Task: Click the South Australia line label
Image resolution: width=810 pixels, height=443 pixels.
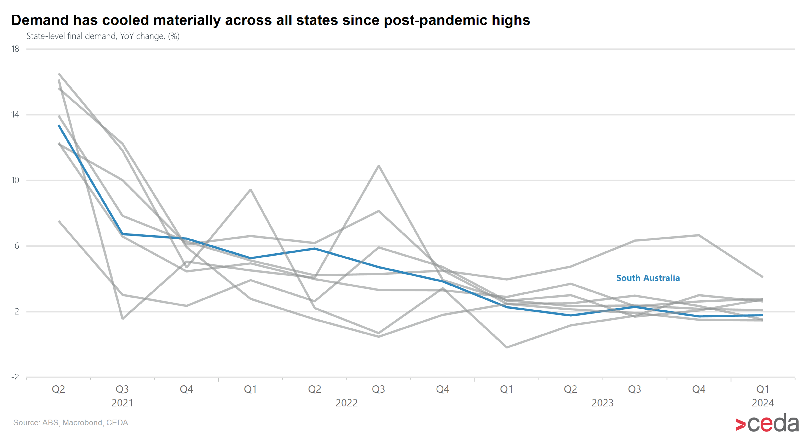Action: pyautogui.click(x=648, y=278)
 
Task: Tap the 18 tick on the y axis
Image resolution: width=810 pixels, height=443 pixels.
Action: pyautogui.click(x=15, y=49)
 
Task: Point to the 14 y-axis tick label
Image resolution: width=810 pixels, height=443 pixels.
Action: pyautogui.click(x=15, y=115)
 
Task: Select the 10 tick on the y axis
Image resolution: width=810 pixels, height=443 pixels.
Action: pyautogui.click(x=15, y=180)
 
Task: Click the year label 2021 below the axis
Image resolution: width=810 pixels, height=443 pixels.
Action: pyautogui.click(x=122, y=403)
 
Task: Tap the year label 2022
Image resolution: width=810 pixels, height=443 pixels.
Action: pyautogui.click(x=346, y=403)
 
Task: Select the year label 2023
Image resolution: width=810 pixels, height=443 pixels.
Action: pyautogui.click(x=602, y=403)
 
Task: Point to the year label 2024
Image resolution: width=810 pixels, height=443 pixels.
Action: pyautogui.click(x=762, y=403)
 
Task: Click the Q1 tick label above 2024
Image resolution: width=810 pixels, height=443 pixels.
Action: pyautogui.click(x=762, y=390)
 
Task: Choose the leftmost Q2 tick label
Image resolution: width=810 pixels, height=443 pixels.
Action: pyautogui.click(x=59, y=390)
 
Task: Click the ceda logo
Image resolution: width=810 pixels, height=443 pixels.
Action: pyautogui.click(x=767, y=423)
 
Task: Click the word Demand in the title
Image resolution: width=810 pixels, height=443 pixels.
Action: pyautogui.click(x=40, y=20)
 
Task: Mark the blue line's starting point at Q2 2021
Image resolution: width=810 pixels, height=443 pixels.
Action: pyautogui.click(x=59, y=126)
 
